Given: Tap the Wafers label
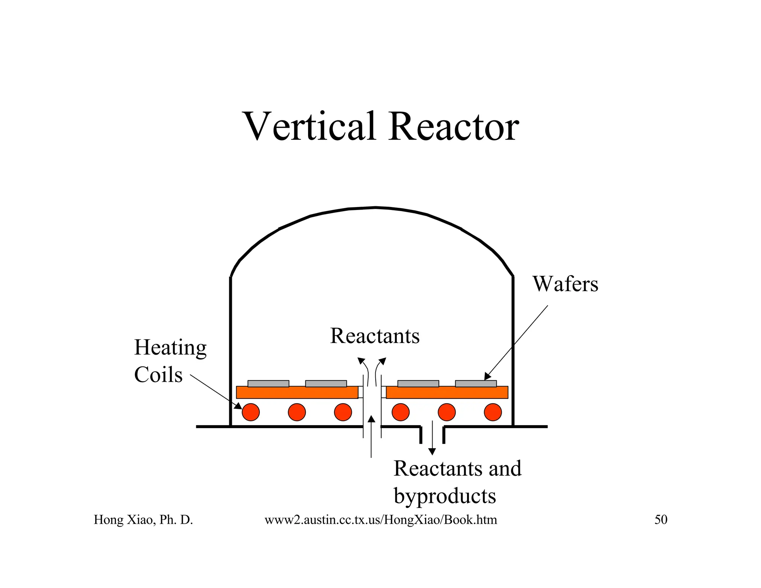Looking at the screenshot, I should point(565,284).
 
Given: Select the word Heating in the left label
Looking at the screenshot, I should point(170,348).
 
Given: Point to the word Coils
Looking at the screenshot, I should point(158,375).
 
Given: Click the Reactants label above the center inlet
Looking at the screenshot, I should point(375,336).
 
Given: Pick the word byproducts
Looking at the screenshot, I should point(445,496).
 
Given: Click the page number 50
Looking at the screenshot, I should point(661,520).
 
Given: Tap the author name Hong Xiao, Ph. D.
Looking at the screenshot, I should point(143,520).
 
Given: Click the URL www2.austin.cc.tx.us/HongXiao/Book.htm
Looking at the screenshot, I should point(380,520).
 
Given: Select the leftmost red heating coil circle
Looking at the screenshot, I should point(251,412).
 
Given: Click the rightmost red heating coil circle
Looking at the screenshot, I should point(493,412).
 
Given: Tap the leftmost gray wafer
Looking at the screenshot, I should point(268,384).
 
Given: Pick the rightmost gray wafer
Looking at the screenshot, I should point(476,384).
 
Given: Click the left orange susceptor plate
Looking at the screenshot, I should point(297,392).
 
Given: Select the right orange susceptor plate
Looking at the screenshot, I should point(447,392).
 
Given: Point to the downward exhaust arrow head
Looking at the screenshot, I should point(432,452).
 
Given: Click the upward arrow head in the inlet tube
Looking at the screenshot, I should point(371,419).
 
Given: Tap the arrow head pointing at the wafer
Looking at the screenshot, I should point(488,377).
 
